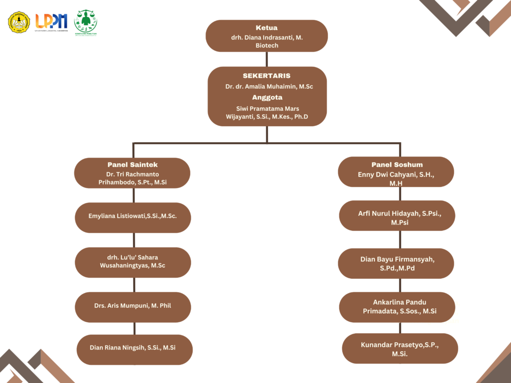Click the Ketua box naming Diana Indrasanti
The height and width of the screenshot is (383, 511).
click(266, 36)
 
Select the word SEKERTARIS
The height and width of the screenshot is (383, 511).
click(266, 76)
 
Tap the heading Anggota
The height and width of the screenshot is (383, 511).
click(267, 97)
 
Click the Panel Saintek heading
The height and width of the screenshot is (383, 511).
click(132, 165)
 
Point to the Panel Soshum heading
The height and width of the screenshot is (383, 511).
click(397, 165)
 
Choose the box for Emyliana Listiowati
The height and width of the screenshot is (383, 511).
click(133, 217)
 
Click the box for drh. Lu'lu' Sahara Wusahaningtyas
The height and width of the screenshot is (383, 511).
click(133, 262)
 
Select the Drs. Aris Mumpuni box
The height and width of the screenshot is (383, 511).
click(133, 306)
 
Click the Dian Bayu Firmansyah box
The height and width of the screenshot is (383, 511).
click(398, 263)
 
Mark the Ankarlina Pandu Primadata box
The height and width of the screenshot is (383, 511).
click(397, 307)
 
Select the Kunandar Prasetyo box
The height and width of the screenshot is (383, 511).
click(400, 349)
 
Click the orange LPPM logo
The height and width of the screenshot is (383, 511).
click(51, 21)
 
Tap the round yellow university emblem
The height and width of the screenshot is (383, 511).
click(19, 22)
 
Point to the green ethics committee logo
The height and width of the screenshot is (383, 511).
click(85, 22)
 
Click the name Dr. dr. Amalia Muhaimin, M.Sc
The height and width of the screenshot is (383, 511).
click(269, 87)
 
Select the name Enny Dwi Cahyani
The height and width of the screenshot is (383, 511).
click(396, 175)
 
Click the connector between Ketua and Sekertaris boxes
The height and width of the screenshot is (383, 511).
click(267, 59)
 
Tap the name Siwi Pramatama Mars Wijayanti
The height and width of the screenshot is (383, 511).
click(267, 113)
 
